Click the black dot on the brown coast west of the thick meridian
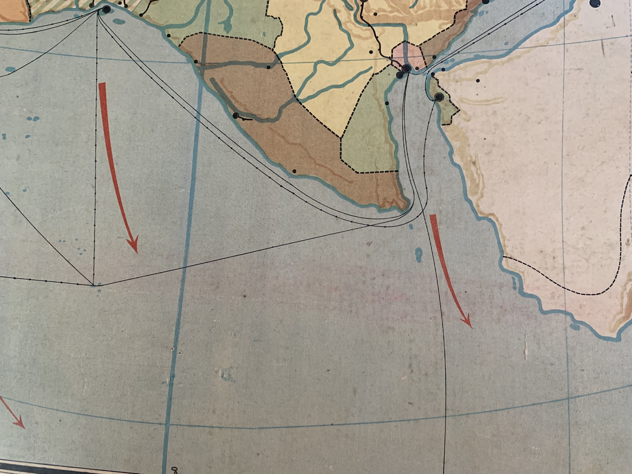196,61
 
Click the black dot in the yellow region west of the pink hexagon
371,52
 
